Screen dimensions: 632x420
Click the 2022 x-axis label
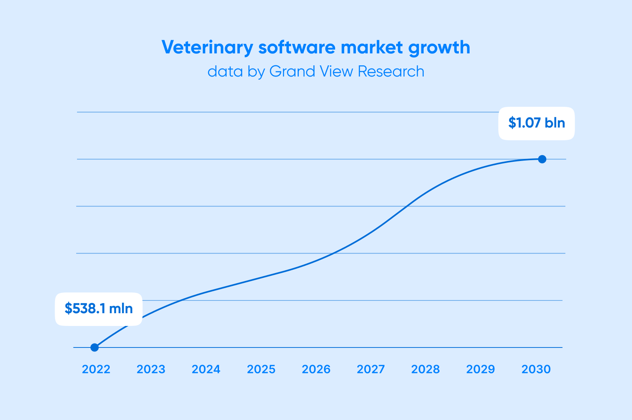96,369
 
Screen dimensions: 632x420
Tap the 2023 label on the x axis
151,369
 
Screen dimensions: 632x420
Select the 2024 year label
206,369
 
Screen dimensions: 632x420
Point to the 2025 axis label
261,369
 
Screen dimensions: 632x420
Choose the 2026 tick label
316,369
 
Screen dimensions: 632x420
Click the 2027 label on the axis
371,369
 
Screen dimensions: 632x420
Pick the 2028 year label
425,369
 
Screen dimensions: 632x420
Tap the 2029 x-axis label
480,369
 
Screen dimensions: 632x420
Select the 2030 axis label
536,369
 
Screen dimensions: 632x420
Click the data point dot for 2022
95,347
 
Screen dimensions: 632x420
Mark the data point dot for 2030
542,159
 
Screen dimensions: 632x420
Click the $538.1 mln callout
99,309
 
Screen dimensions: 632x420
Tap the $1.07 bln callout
536,124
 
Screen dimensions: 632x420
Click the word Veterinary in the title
207,47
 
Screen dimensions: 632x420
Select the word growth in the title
439,47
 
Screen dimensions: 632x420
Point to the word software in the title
297,47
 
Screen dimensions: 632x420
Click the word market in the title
371,47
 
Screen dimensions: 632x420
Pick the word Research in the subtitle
391,71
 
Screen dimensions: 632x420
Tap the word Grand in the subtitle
292,71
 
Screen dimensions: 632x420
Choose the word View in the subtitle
336,71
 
